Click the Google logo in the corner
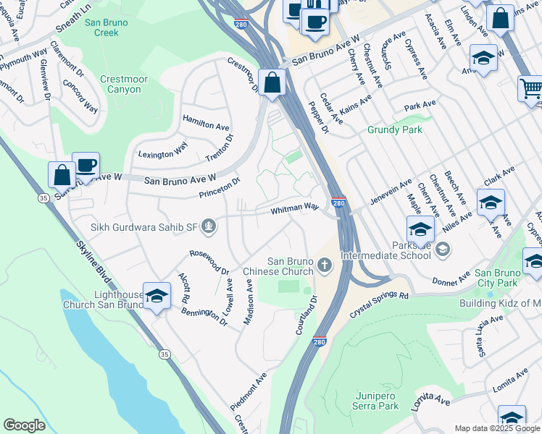pyautogui.click(x=24, y=425)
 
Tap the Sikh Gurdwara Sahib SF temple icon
pyautogui.click(x=209, y=228)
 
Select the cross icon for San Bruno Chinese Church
pyautogui.click(x=324, y=266)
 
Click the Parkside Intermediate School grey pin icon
pyautogui.click(x=442, y=250)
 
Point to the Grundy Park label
pyautogui.click(x=393, y=130)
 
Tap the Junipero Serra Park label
pyautogui.click(x=377, y=401)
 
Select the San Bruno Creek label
pyautogui.click(x=106, y=27)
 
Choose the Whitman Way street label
pyautogui.click(x=295, y=208)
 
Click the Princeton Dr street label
pyautogui.click(x=220, y=188)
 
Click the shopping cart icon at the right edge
pyautogui.click(x=531, y=88)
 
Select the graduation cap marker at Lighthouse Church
pyautogui.click(x=157, y=296)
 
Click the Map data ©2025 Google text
pyautogui.click(x=497, y=428)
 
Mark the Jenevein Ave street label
pyautogui.click(x=391, y=190)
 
